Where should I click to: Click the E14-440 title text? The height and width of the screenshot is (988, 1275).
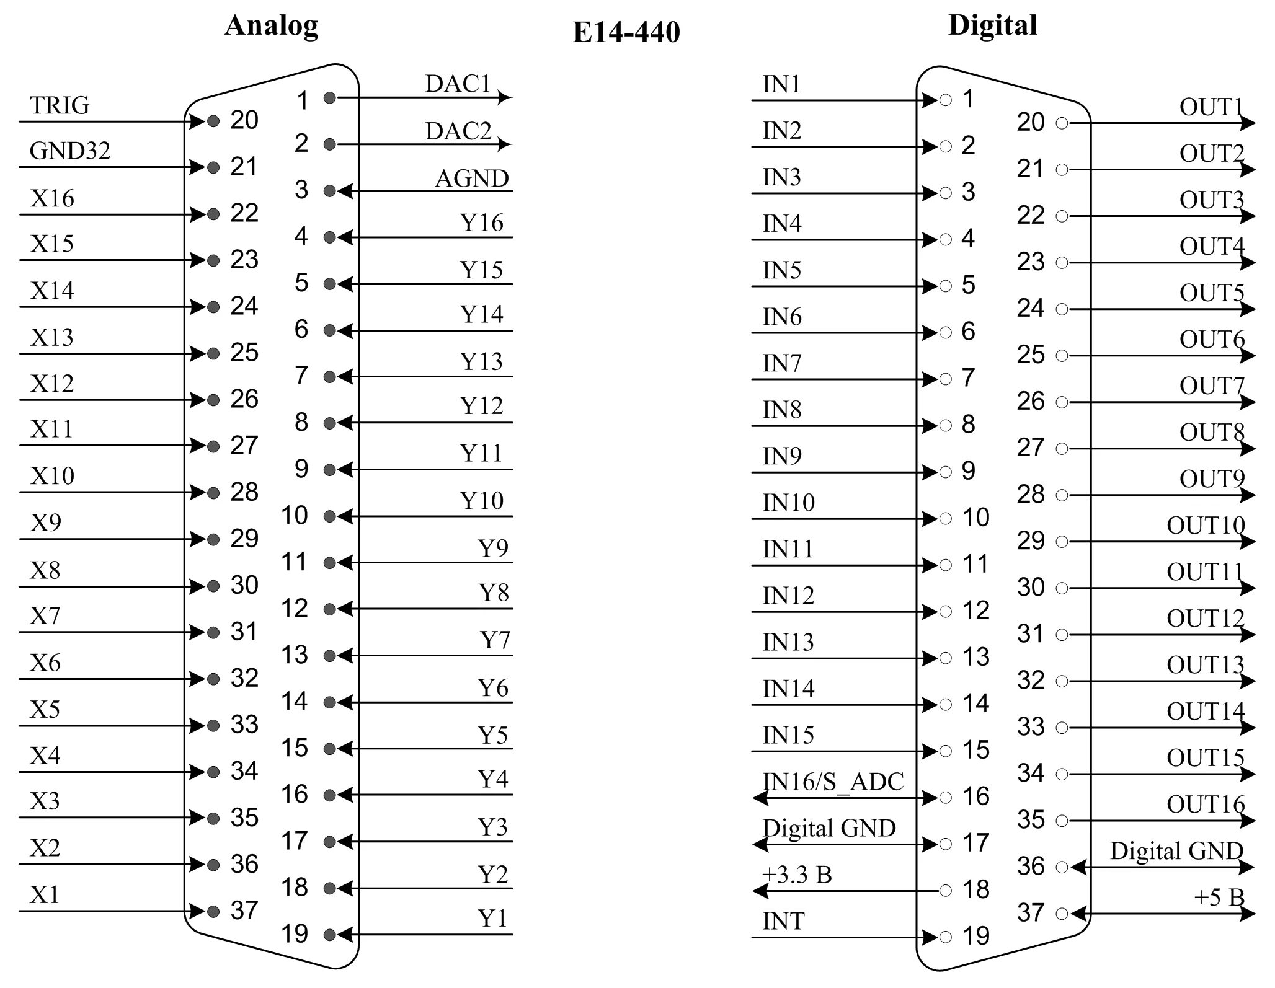coord(626,32)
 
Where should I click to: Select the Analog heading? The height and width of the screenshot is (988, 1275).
coord(271,25)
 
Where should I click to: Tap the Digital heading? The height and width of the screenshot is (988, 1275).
coord(992,25)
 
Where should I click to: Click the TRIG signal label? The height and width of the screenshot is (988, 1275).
coord(60,106)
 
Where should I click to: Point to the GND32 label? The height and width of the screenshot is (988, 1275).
coord(69,151)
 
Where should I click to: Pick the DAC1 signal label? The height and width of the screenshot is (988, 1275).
coord(458,84)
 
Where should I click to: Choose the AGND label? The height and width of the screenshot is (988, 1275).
coord(471,179)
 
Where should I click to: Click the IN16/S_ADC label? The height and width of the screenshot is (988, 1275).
coord(832,782)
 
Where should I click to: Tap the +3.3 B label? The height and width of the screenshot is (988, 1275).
coord(797,875)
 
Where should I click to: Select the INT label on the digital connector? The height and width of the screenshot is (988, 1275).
coord(783,922)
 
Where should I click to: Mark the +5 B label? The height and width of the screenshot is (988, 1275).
coord(1219,897)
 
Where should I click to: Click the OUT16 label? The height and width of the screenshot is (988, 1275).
coord(1205,805)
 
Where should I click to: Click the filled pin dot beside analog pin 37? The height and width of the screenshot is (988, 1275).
coord(213,911)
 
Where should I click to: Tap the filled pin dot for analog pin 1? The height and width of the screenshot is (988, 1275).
coord(330,98)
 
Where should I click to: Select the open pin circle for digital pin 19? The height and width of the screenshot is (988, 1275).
coord(945,937)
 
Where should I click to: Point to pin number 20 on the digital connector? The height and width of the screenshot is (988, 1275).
coord(1030,122)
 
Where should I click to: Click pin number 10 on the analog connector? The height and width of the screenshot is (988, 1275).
coord(294,516)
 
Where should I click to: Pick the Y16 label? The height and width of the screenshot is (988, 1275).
coord(481,223)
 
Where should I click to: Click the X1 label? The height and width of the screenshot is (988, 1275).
coord(45,895)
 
